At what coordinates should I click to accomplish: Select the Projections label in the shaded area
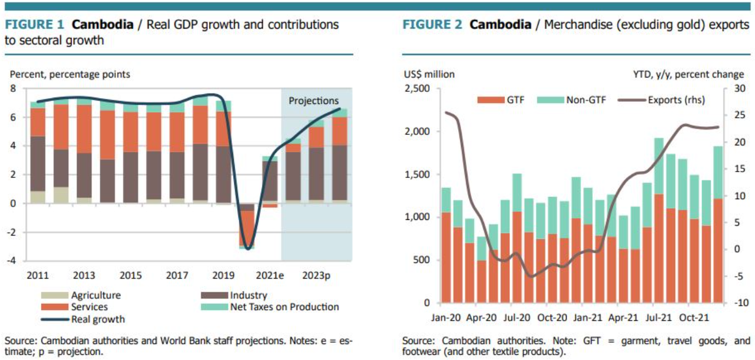coord(313,101)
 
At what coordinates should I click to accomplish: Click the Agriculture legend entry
coord(96,295)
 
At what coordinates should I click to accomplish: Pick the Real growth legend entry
coord(98,319)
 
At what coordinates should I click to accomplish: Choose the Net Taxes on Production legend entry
coord(284,307)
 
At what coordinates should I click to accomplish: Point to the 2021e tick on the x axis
coord(269,276)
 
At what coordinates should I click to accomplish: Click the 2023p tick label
coord(316,276)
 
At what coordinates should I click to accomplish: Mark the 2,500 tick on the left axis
coord(418,88)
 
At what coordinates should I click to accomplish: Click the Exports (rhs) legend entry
coord(676,100)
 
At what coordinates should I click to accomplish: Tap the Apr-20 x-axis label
coord(481,317)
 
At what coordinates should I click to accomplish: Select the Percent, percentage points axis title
coord(69,74)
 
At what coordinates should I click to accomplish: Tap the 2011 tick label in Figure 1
coord(37,276)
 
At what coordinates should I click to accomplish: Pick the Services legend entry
coord(89,307)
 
